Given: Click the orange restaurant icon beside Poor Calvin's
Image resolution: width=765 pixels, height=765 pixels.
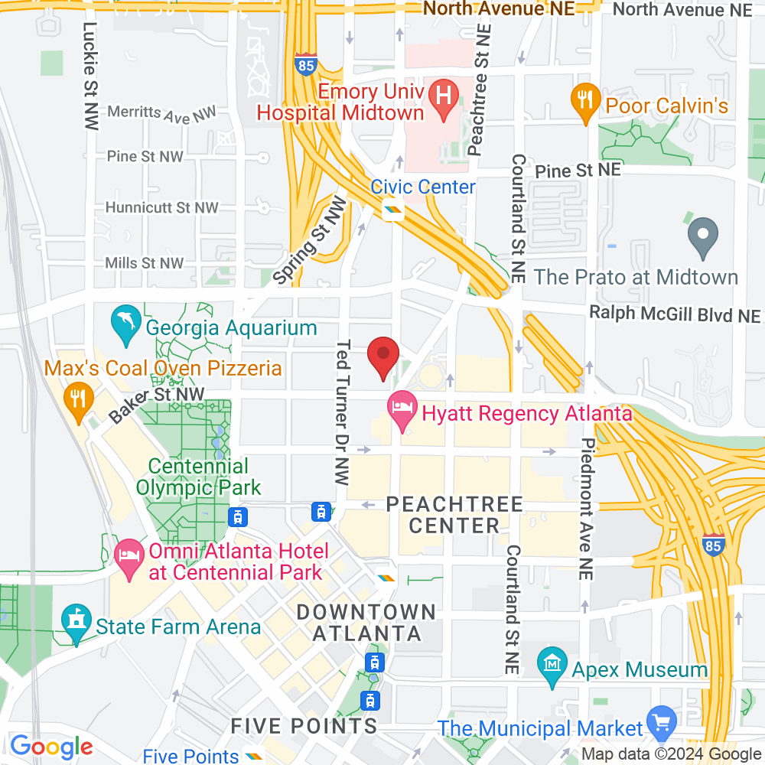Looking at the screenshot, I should click(x=585, y=100).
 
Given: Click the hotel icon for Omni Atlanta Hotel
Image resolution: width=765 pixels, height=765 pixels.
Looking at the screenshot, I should click(x=127, y=553).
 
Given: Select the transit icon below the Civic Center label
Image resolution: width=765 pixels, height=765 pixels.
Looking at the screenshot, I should click(x=394, y=209).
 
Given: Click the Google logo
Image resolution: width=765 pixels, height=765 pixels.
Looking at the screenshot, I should click(x=52, y=746).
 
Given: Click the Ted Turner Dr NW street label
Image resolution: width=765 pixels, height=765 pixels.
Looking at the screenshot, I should click(x=342, y=413).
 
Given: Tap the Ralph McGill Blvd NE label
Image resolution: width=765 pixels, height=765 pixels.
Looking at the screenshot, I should click(x=675, y=315).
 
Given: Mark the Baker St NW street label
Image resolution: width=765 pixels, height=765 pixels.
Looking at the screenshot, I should click(x=158, y=404).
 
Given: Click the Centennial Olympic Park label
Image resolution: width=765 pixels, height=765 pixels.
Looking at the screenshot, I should click(x=199, y=477).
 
